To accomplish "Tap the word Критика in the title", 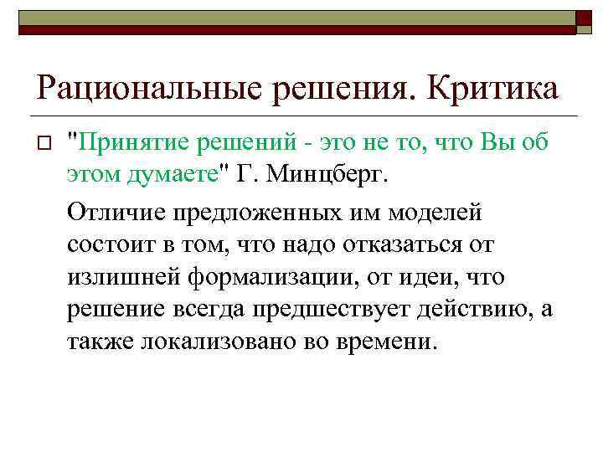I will pos(493,86).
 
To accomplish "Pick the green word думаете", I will pos(171,176).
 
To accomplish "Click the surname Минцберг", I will pos(327,176).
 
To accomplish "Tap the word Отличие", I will pos(116,212).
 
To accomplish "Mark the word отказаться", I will pos(411,244).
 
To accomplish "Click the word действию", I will pos(477,310).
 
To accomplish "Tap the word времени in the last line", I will pos(389,342).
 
